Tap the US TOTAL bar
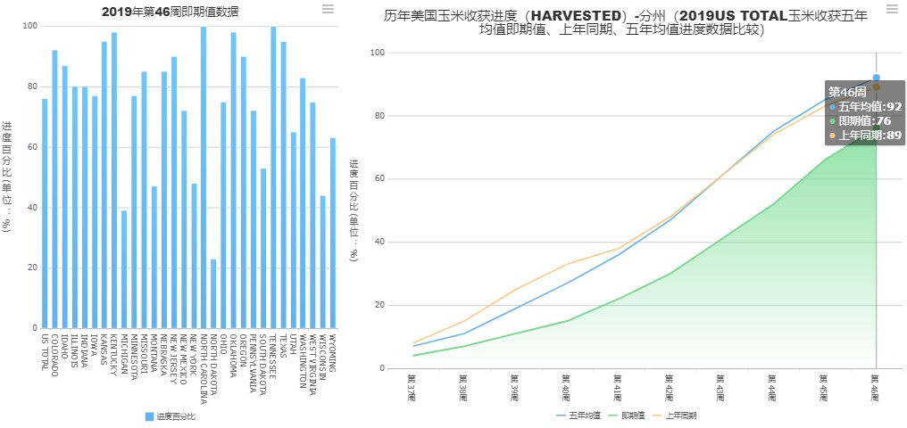pos(45,213)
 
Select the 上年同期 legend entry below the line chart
pos(678,416)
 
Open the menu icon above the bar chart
pos(328,9)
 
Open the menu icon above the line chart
pos(892,9)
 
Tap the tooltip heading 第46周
pos(847,91)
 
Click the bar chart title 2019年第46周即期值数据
pos(170,12)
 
